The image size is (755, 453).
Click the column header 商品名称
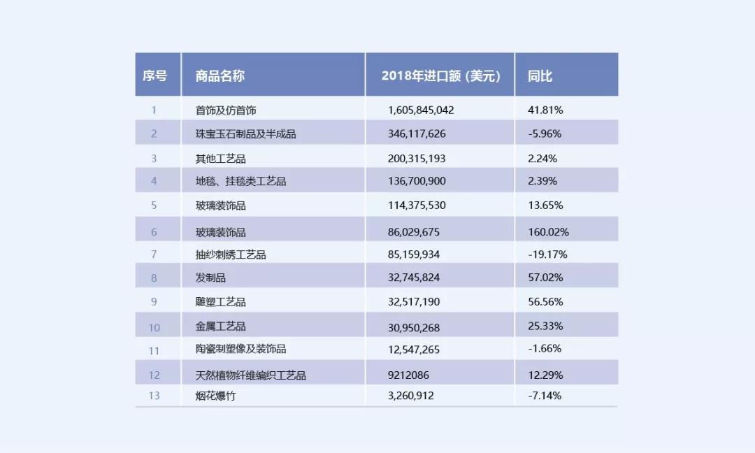click(x=220, y=75)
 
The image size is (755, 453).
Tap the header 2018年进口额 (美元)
click(x=440, y=75)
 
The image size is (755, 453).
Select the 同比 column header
click(x=540, y=75)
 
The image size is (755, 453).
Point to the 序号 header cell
click(x=155, y=75)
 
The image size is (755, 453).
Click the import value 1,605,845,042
click(x=421, y=110)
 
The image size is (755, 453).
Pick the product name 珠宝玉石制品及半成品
click(x=246, y=134)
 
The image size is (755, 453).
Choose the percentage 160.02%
click(x=549, y=232)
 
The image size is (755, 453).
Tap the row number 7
click(x=154, y=254)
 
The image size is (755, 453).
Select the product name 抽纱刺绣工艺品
click(x=231, y=254)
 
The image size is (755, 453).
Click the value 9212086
click(x=408, y=375)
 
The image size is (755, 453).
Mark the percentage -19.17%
click(x=547, y=254)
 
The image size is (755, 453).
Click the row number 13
click(x=154, y=396)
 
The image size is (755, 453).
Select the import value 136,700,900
click(x=417, y=181)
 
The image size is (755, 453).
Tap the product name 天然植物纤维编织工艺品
click(x=251, y=375)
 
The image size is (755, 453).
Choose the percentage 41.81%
click(x=545, y=110)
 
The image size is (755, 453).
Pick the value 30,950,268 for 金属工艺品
click(x=414, y=326)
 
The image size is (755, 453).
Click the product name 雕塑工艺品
click(x=221, y=302)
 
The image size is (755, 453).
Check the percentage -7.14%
click(x=545, y=396)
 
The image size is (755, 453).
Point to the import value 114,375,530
click(x=417, y=206)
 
